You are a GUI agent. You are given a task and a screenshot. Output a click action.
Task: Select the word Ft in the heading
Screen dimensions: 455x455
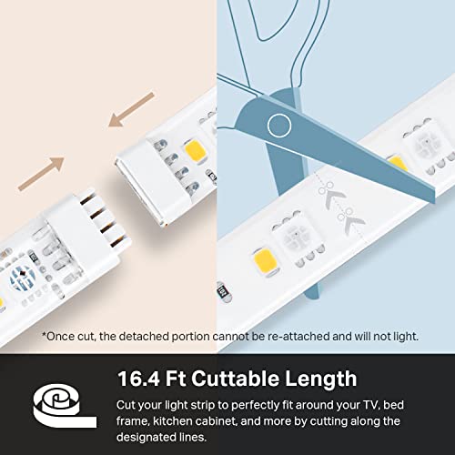pyautogui.click(x=176, y=379)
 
